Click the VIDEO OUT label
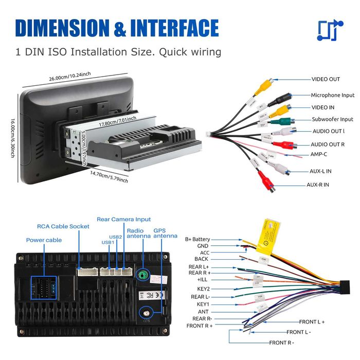tap(326, 79)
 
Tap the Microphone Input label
tap(332, 95)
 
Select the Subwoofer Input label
tap(332, 119)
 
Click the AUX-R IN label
tap(318, 185)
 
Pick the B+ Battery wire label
tap(197, 239)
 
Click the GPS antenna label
tap(164, 233)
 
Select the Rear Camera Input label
tap(124, 219)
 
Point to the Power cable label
tap(44, 240)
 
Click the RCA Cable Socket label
tap(63, 226)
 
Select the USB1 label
tap(107, 242)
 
